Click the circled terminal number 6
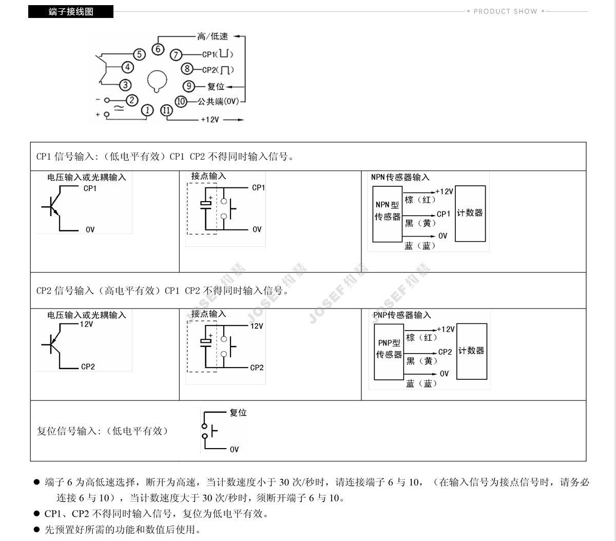tap(158, 50)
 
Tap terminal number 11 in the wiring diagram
tap(166, 110)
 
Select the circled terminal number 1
tap(147, 110)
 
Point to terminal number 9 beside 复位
tap(189, 86)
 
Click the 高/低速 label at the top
tap(212, 36)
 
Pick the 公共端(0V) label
tap(219, 102)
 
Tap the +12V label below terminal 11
tap(209, 120)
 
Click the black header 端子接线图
tap(71, 11)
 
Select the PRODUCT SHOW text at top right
tap(505, 11)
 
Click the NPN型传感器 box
tap(387, 214)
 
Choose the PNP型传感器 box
tap(389, 352)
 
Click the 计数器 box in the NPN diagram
tap(470, 214)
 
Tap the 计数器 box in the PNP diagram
tap(471, 351)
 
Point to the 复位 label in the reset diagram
tap(238, 413)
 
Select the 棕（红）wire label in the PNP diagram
tap(421, 338)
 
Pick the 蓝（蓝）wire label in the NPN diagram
tap(420, 246)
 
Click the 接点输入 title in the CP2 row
tap(208, 314)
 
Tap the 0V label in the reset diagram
tap(234, 450)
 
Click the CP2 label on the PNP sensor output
tap(445, 352)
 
